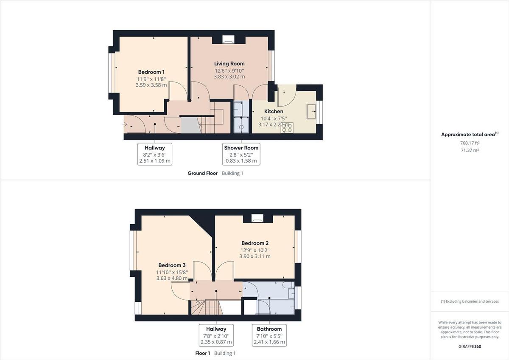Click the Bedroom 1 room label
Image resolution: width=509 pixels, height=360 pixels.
click(x=151, y=72)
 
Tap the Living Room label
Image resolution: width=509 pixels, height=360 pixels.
click(x=229, y=64)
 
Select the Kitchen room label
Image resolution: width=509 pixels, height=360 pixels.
click(x=274, y=112)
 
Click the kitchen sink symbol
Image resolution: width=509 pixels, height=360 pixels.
click(x=311, y=111)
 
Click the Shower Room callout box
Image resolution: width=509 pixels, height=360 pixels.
click(x=241, y=154)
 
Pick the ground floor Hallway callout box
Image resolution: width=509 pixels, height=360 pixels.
click(x=155, y=154)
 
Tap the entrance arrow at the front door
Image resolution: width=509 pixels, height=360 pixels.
click(x=125, y=124)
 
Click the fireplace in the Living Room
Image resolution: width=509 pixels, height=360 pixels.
click(x=228, y=40)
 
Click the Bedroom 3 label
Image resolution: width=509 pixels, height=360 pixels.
click(x=172, y=265)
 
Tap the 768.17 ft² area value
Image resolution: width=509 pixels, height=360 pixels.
click(x=470, y=143)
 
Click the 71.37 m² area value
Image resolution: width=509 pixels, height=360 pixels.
click(x=470, y=150)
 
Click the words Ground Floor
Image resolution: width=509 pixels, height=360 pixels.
click(x=203, y=173)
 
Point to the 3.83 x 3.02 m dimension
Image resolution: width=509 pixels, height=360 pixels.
click(x=229, y=77)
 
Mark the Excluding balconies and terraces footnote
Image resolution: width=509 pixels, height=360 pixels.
click(x=470, y=301)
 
